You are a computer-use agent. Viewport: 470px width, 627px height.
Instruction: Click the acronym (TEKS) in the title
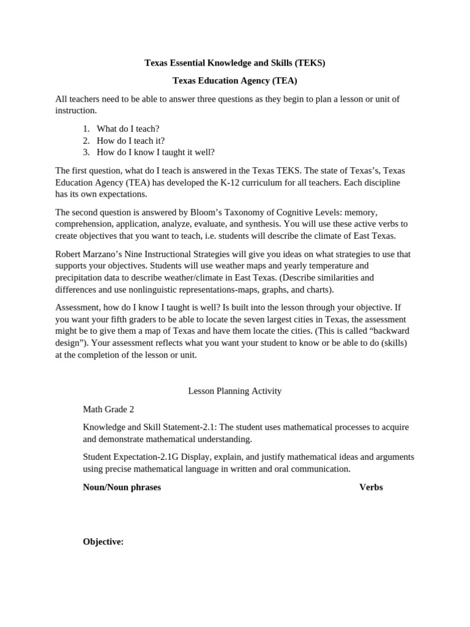(310, 62)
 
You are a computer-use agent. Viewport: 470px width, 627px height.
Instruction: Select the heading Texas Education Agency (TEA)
(234, 81)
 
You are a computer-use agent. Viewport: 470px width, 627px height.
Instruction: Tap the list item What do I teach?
(128, 129)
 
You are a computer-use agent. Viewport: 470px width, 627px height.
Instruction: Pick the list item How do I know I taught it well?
(155, 152)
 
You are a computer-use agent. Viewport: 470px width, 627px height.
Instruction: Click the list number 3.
(86, 152)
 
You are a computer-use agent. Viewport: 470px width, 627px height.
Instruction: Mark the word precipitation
(80, 277)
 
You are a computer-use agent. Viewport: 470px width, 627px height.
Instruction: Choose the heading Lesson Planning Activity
(234, 391)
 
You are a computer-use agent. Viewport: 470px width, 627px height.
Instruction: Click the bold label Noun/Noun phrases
(122, 487)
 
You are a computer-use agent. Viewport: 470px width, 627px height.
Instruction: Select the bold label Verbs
(371, 487)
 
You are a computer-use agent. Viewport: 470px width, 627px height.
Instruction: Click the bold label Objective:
(103, 542)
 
